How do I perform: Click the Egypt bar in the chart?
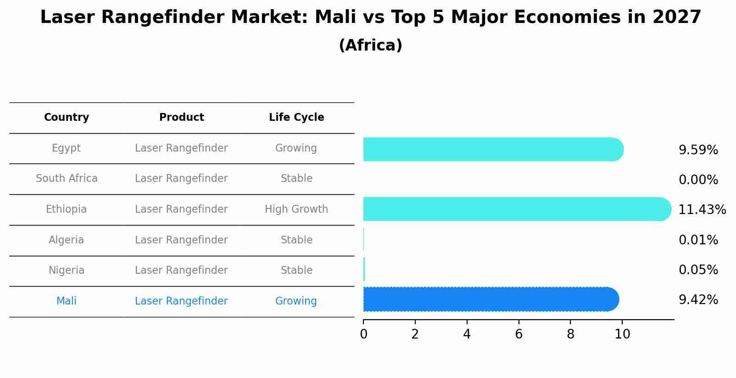click(493, 149)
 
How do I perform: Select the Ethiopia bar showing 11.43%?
click(517, 209)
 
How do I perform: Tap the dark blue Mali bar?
click(491, 299)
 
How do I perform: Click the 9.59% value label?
click(698, 150)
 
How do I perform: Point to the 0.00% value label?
click(698, 180)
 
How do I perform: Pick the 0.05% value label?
click(698, 270)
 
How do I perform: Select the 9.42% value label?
click(698, 300)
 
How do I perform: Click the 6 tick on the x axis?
click(519, 334)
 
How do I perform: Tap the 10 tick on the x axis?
click(622, 334)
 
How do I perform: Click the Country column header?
click(67, 118)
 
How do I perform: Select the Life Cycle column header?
click(296, 118)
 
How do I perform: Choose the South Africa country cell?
click(67, 179)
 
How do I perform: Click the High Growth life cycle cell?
click(296, 209)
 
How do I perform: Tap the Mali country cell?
click(67, 301)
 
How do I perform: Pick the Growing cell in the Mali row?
click(296, 301)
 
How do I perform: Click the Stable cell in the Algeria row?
click(296, 240)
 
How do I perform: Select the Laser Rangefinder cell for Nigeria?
click(181, 271)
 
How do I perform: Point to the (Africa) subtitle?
click(370, 45)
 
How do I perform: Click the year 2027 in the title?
click(677, 17)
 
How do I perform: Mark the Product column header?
click(181, 118)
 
